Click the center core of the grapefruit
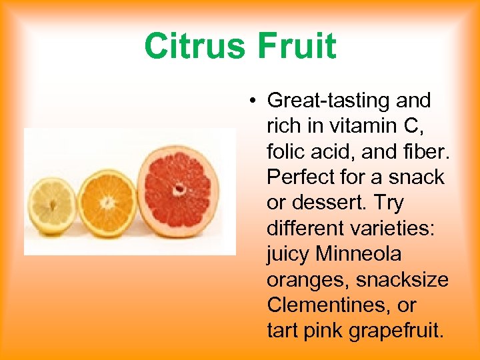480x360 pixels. [x=179, y=189]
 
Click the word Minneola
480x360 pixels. [x=359, y=254]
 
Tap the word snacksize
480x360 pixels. [x=402, y=280]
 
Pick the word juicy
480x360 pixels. [x=288, y=254]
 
